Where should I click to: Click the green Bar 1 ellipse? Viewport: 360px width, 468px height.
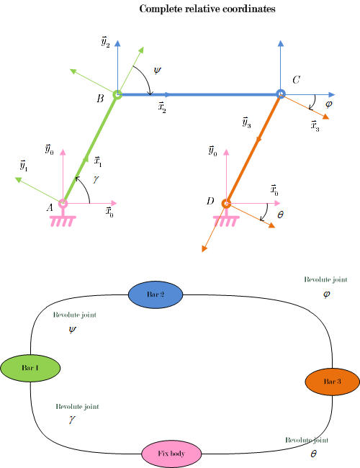(x=30, y=368)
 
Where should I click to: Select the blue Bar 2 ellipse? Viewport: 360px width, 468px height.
(x=156, y=294)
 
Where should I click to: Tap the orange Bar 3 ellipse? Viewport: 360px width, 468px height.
(x=332, y=382)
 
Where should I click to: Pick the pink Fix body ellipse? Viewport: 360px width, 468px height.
(x=171, y=454)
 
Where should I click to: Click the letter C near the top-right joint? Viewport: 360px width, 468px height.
(x=296, y=80)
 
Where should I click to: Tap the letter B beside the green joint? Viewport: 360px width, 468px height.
(x=100, y=99)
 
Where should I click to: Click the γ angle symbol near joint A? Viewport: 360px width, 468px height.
(x=96, y=179)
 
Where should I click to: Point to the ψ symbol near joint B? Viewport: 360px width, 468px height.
(x=157, y=71)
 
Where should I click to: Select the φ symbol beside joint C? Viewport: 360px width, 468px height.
(x=328, y=104)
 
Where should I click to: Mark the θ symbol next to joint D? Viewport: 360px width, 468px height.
(x=280, y=215)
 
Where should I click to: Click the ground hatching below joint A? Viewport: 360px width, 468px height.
(x=63, y=221)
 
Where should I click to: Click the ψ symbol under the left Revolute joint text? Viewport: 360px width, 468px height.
(x=72, y=330)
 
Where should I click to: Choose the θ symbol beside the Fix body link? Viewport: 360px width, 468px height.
(x=313, y=454)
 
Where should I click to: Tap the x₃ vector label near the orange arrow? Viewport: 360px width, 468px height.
(x=315, y=126)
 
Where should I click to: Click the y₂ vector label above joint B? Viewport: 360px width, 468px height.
(x=105, y=42)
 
